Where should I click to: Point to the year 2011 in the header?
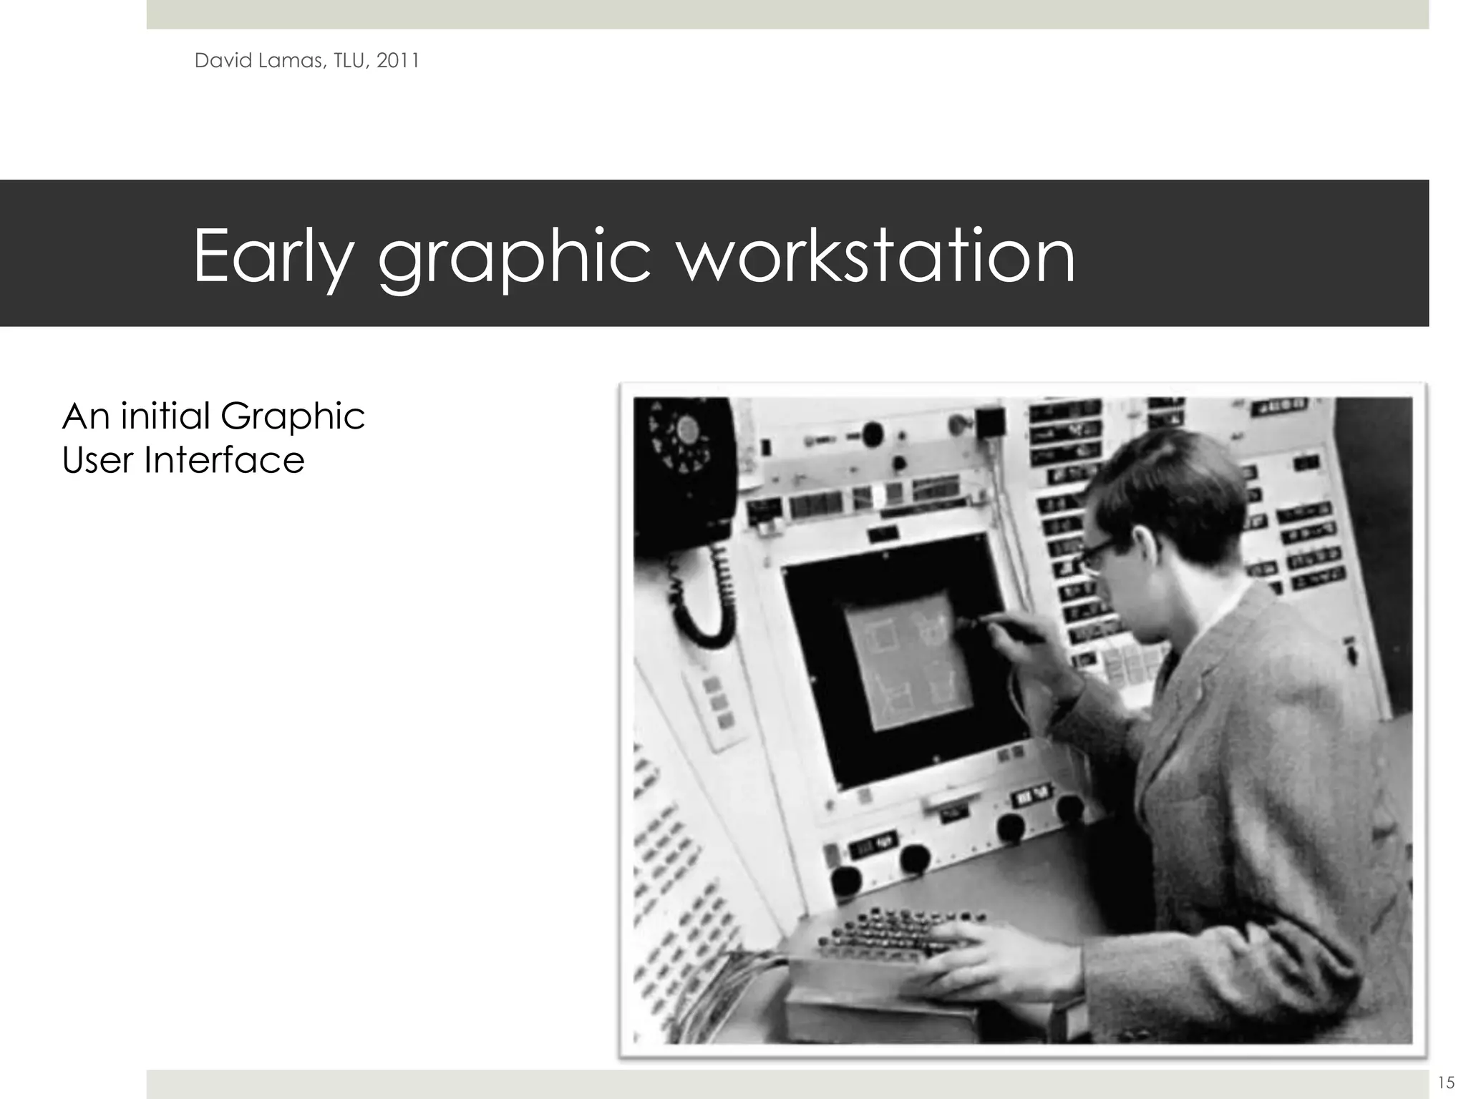[397, 61]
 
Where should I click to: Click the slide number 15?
[1445, 1082]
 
